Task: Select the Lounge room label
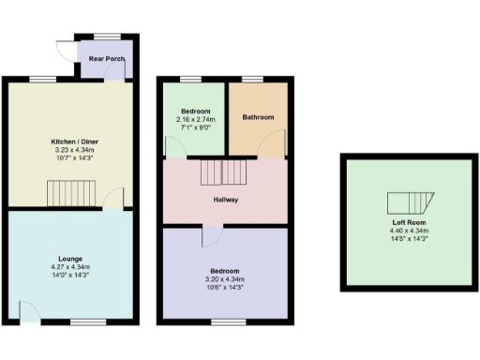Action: pyautogui.click(x=69, y=259)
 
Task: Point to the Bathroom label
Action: pyautogui.click(x=258, y=117)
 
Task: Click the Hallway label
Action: pyautogui.click(x=225, y=200)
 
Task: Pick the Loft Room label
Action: pyautogui.click(x=409, y=221)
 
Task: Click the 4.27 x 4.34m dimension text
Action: pyautogui.click(x=69, y=267)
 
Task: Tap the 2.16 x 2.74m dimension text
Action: pyautogui.click(x=195, y=120)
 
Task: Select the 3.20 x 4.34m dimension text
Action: pyautogui.click(x=225, y=279)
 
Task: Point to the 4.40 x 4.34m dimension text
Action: pyautogui.click(x=409, y=231)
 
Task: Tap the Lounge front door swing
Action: pyautogui.click(x=27, y=312)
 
